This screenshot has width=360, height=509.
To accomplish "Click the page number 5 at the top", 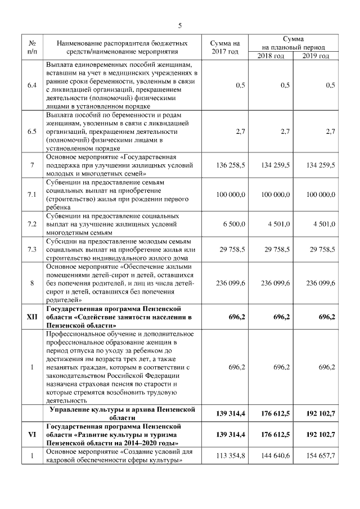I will pyautogui.click(x=180, y=25).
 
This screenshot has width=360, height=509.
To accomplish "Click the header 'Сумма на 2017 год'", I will pyautogui.click(x=225, y=47).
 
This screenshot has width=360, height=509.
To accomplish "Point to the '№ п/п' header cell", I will pyautogui.click(x=32, y=47).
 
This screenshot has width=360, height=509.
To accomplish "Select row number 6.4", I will pyautogui.click(x=32, y=85).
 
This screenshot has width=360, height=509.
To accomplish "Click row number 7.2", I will pyautogui.click(x=32, y=224).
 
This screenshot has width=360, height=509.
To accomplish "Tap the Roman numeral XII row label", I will pyautogui.click(x=32, y=317).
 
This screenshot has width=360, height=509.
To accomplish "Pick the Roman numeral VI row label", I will pyautogui.click(x=32, y=435).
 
